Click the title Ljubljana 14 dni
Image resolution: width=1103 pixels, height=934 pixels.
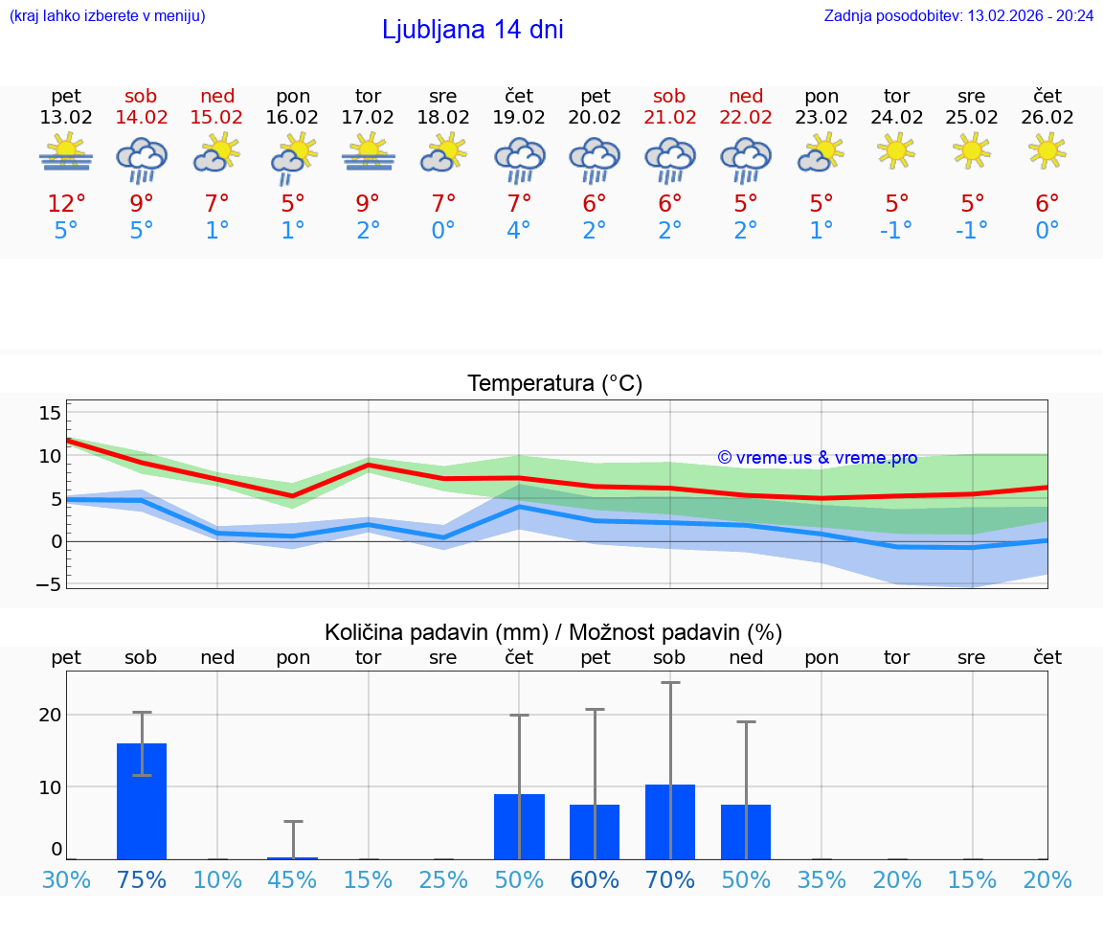point(472,30)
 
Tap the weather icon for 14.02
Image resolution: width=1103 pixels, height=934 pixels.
point(142,158)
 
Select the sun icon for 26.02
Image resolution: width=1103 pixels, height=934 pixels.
point(1047,151)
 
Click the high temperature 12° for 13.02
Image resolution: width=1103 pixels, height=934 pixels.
point(66,204)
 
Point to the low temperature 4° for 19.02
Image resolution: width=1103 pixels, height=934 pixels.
point(519,231)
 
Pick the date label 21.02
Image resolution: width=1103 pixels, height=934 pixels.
point(669,117)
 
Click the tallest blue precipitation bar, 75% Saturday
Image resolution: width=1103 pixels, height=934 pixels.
point(142,801)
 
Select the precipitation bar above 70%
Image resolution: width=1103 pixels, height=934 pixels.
point(670,822)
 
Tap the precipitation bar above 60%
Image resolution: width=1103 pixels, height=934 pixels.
point(595,831)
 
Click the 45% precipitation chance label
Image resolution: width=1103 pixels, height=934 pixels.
point(293,880)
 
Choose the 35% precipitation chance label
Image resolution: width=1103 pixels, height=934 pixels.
point(822,880)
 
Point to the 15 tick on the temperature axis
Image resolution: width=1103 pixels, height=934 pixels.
point(50,413)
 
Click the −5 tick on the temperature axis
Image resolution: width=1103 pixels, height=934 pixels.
point(48,583)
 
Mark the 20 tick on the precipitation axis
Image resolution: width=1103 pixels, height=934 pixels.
point(50,715)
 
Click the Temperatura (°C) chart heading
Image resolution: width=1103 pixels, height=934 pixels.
point(554,384)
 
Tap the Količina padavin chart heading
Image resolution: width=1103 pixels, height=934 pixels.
point(553,632)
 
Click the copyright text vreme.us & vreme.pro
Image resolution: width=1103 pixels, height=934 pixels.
point(818,458)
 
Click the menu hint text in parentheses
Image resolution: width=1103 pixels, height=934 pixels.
point(107,16)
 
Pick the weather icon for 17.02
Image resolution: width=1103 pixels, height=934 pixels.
point(369,152)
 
